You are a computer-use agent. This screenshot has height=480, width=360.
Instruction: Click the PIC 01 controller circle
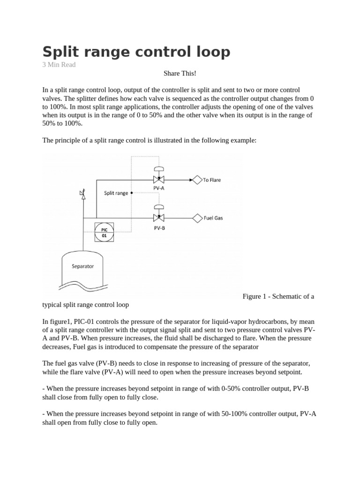click(104, 232)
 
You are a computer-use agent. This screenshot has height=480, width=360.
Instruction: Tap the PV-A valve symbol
click(159, 180)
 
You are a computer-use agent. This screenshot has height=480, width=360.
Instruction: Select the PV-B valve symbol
click(159, 217)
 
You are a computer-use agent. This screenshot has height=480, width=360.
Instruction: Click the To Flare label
click(212, 180)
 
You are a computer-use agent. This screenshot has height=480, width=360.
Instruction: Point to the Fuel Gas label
click(213, 218)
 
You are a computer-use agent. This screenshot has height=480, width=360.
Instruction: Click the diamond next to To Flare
click(197, 180)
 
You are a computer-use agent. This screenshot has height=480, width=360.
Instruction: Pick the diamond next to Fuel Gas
click(197, 217)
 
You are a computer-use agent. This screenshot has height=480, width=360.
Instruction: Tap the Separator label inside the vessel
click(82, 266)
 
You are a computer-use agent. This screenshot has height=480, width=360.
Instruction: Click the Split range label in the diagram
click(116, 193)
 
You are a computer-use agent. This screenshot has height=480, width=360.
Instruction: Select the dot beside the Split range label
click(132, 193)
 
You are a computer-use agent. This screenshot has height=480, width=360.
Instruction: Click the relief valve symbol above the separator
click(83, 195)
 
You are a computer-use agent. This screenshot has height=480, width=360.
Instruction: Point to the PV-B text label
click(159, 228)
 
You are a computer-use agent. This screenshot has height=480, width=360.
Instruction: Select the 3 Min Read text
click(59, 65)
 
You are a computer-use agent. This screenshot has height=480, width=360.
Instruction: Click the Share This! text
click(180, 74)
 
